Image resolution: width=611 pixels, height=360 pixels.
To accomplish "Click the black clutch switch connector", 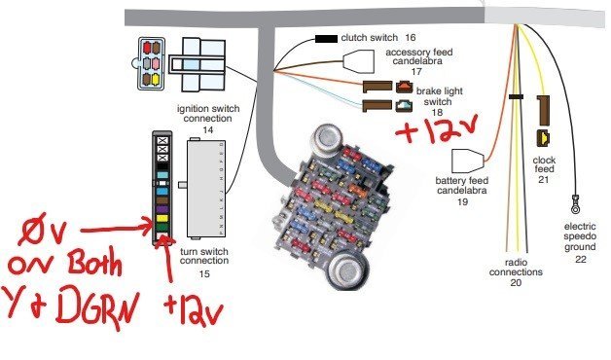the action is coord(326,40).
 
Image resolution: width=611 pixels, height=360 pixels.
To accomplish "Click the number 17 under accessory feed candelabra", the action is coord(417,72).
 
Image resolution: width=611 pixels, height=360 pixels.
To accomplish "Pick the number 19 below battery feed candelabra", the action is coord(464,203).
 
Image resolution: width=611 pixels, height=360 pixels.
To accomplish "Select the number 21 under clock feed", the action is coord(544,179).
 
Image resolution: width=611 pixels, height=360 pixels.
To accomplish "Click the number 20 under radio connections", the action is coord(516,283).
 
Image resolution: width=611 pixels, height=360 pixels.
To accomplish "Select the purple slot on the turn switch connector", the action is coord(162,208).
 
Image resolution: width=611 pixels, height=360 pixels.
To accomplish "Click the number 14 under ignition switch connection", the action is coord(206,129).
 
